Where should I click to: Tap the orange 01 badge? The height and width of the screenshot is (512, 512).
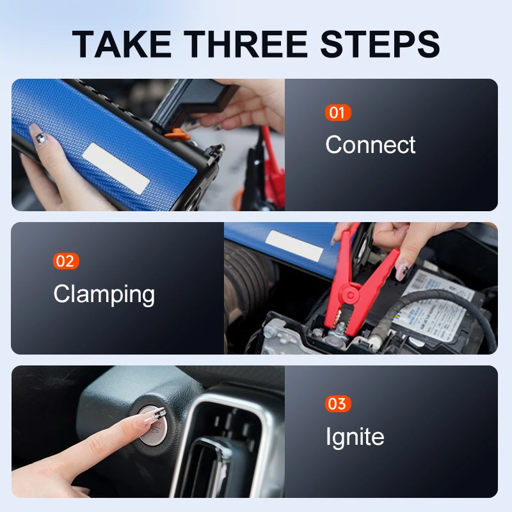click(337, 113)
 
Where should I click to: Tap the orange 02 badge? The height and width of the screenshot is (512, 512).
click(66, 261)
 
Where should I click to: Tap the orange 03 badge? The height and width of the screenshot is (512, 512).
click(337, 404)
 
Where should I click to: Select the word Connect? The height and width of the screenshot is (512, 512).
click(371, 145)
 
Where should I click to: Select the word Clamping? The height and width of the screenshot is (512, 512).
click(104, 294)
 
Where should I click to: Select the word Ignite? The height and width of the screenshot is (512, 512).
click(355, 438)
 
